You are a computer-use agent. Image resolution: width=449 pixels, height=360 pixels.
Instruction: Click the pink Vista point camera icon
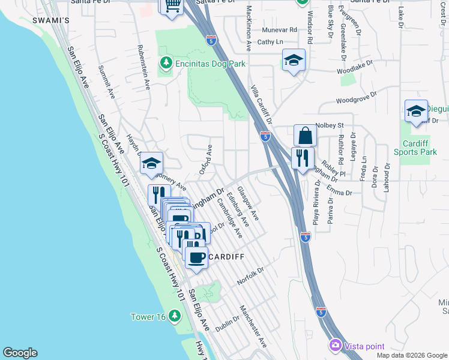click(335, 346)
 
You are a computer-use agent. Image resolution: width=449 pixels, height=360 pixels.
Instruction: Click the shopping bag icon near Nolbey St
click(305, 136)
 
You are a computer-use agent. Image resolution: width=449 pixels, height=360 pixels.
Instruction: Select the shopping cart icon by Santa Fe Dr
click(171, 7)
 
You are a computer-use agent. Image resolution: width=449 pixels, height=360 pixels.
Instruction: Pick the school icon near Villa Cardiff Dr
click(294, 60)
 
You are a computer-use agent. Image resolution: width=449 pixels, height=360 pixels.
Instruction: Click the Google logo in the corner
click(20, 353)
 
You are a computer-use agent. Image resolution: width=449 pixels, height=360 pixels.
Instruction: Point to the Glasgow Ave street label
click(248, 203)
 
